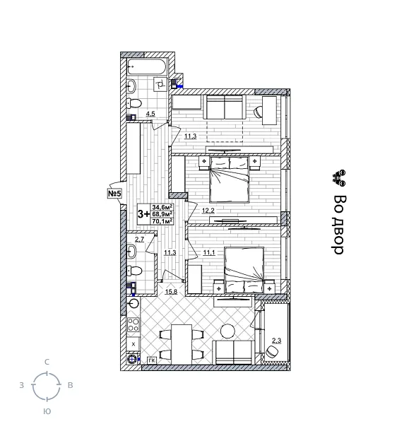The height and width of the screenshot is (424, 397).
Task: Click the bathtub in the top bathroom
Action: [x=147, y=67]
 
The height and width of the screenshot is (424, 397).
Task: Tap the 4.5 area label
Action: [x=150, y=113]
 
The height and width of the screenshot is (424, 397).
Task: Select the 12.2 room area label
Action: [x=208, y=211]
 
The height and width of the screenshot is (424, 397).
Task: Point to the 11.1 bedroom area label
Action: [x=208, y=252]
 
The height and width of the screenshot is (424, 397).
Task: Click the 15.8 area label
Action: [x=171, y=291]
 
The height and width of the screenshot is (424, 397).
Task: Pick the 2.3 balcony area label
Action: [x=276, y=341]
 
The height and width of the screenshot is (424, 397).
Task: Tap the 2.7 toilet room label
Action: [x=139, y=240]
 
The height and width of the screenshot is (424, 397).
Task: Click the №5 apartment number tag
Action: [x=114, y=193]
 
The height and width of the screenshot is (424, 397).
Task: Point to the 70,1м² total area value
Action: [x=162, y=220]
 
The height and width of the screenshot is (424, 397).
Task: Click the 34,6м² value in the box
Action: [x=162, y=206]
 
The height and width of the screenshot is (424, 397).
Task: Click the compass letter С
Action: [x=47, y=362]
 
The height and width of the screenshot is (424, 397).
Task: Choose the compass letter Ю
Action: [x=47, y=411]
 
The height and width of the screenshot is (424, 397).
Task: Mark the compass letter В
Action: [x=70, y=386]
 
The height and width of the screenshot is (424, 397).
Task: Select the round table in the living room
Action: [x=227, y=331]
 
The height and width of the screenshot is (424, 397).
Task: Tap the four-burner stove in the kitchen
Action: [x=134, y=325]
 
